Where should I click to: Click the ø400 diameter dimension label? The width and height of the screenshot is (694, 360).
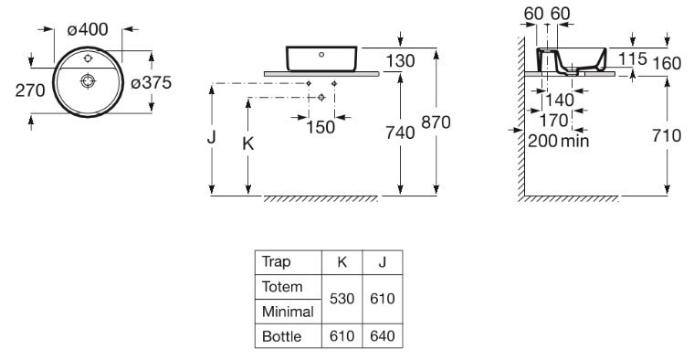88,29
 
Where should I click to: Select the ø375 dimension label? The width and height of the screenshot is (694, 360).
151,82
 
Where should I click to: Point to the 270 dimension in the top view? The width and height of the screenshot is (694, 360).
30,90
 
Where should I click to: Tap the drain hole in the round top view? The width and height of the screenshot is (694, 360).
88,80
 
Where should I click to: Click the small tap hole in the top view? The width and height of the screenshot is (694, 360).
88,58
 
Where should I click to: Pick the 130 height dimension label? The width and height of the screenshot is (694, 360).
400,61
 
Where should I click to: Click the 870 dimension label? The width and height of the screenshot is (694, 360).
436,122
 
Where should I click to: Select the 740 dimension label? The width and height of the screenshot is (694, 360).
400,132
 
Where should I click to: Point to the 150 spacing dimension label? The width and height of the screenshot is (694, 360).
321,128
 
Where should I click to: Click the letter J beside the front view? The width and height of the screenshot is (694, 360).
211,137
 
